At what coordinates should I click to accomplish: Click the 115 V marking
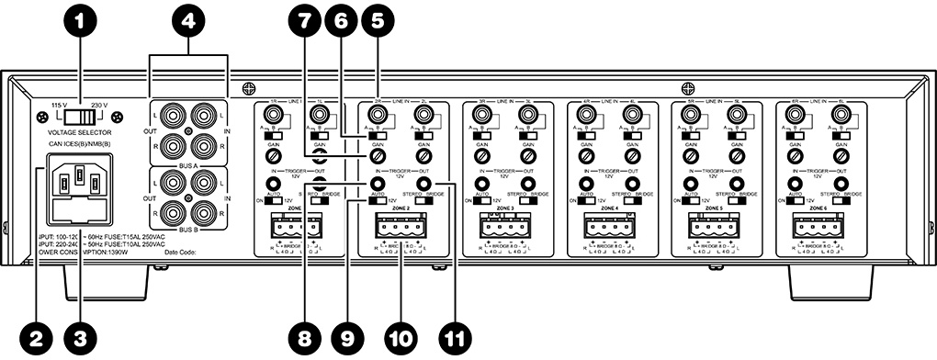(x=59, y=104)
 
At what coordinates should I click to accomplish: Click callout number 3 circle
(x=80, y=338)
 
